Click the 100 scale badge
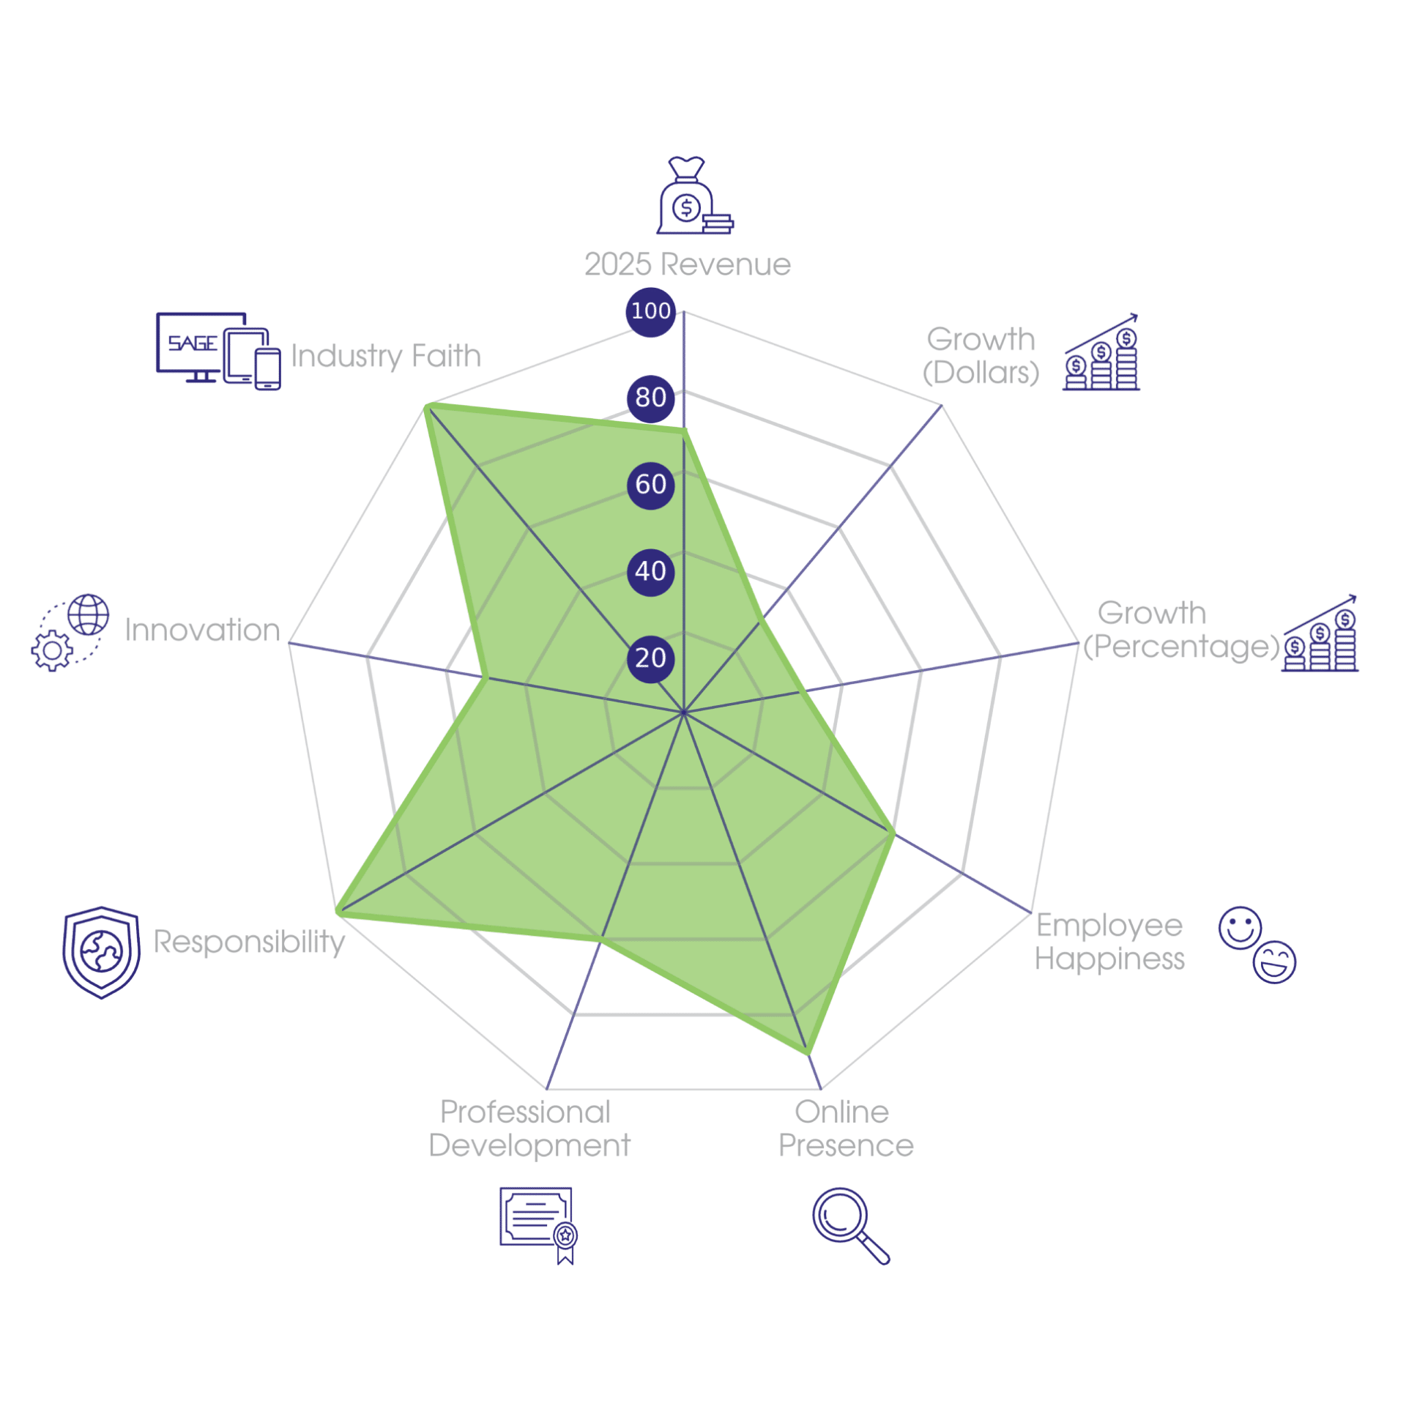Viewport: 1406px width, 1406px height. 650,312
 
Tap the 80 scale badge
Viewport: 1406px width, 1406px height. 650,398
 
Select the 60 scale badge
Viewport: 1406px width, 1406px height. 650,485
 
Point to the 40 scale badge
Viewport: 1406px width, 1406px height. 650,572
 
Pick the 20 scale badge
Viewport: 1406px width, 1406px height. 650,658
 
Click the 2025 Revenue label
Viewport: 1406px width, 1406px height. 688,264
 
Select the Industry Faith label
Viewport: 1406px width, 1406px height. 386,357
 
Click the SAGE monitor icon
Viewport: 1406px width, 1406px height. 218,351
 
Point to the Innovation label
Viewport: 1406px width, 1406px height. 202,630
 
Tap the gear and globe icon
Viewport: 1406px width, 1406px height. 70,633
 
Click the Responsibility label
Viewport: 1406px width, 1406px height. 249,942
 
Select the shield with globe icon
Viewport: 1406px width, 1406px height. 101,952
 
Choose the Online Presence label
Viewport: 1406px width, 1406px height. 846,1128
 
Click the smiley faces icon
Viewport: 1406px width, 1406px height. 1257,945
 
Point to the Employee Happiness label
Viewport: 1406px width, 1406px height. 1109,942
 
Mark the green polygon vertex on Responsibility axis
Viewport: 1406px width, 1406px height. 338,912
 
